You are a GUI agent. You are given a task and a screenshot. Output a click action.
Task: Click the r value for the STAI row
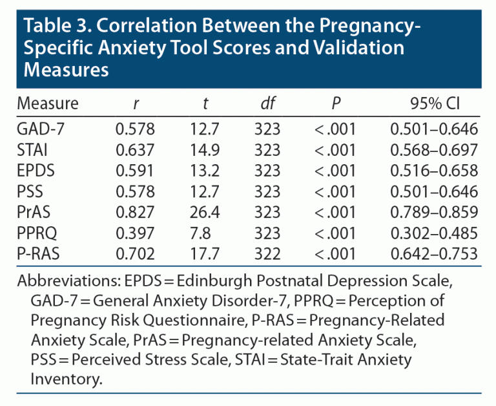pyautogui.click(x=135, y=150)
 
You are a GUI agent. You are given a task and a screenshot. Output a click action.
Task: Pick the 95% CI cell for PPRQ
pyautogui.click(x=433, y=233)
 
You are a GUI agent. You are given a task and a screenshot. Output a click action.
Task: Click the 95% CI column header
pyautogui.click(x=433, y=103)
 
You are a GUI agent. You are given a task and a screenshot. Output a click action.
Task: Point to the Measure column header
pyautogui.click(x=48, y=103)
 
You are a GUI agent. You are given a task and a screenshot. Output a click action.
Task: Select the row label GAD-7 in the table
pyautogui.click(x=40, y=129)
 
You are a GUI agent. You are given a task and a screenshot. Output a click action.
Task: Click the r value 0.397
pyautogui.click(x=135, y=233)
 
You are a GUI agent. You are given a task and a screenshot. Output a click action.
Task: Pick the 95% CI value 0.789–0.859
pyautogui.click(x=433, y=212)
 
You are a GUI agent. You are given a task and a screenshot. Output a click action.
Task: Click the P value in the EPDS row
pyautogui.click(x=335, y=171)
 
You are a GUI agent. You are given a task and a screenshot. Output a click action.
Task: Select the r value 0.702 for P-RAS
pyautogui.click(x=135, y=253)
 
